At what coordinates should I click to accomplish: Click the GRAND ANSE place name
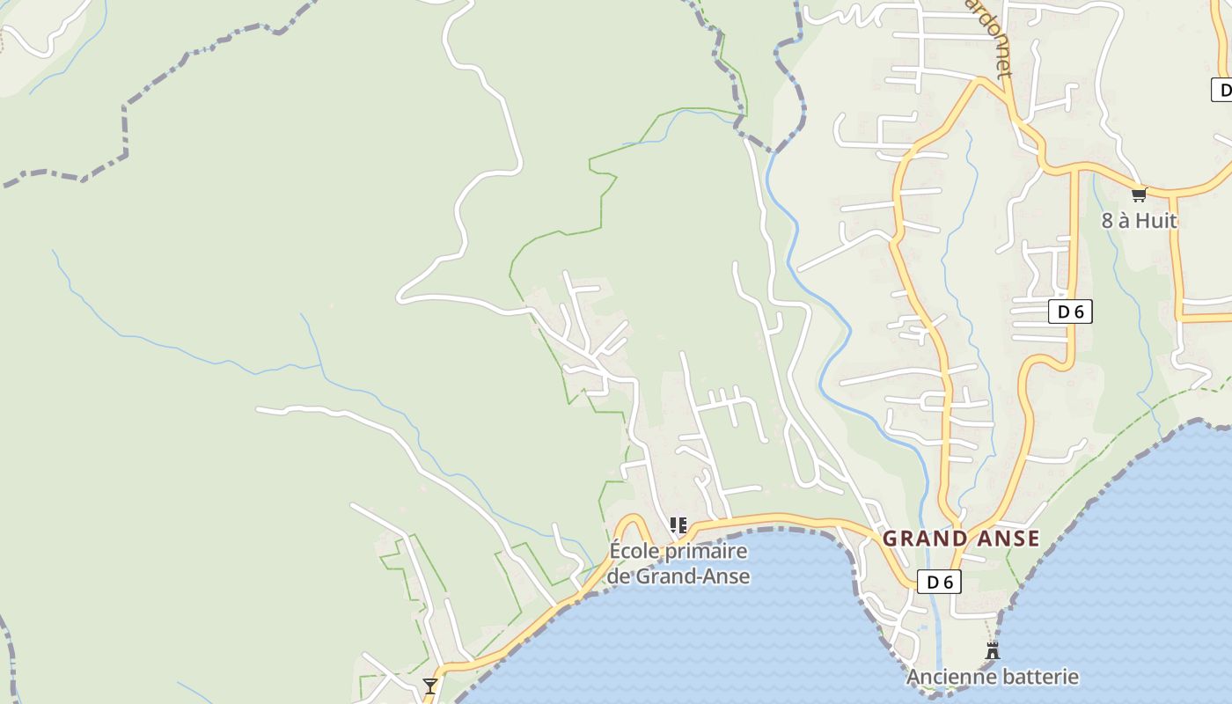pyautogui.click(x=961, y=539)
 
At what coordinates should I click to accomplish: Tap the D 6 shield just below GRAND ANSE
pyautogui.click(x=939, y=582)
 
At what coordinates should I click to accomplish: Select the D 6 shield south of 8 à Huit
pyautogui.click(x=1070, y=312)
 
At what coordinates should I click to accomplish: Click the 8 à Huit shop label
pyautogui.click(x=1139, y=220)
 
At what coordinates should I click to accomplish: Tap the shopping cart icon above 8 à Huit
pyautogui.click(x=1139, y=194)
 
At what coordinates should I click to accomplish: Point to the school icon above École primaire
pyautogui.click(x=678, y=526)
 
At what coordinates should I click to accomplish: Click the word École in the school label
pyautogui.click(x=633, y=552)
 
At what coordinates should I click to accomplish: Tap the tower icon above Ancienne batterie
pyautogui.click(x=993, y=651)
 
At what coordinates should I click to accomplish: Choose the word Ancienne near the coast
pyautogui.click(x=946, y=677)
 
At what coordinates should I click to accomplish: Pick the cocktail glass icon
pyautogui.click(x=429, y=686)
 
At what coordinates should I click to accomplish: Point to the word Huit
pyautogui.click(x=1155, y=220)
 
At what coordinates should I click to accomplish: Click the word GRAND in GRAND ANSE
pyautogui.click(x=918, y=539)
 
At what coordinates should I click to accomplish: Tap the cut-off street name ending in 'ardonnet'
pyautogui.click(x=990, y=37)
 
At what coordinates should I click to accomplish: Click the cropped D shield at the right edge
pyautogui.click(x=1221, y=89)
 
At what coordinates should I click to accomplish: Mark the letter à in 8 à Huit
pyautogui.click(x=1122, y=220)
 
